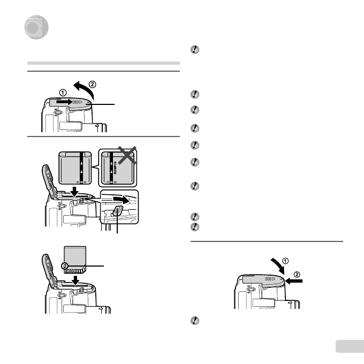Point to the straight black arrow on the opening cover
(64, 101)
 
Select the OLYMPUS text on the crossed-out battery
(114, 166)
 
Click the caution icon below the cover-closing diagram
(195, 320)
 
